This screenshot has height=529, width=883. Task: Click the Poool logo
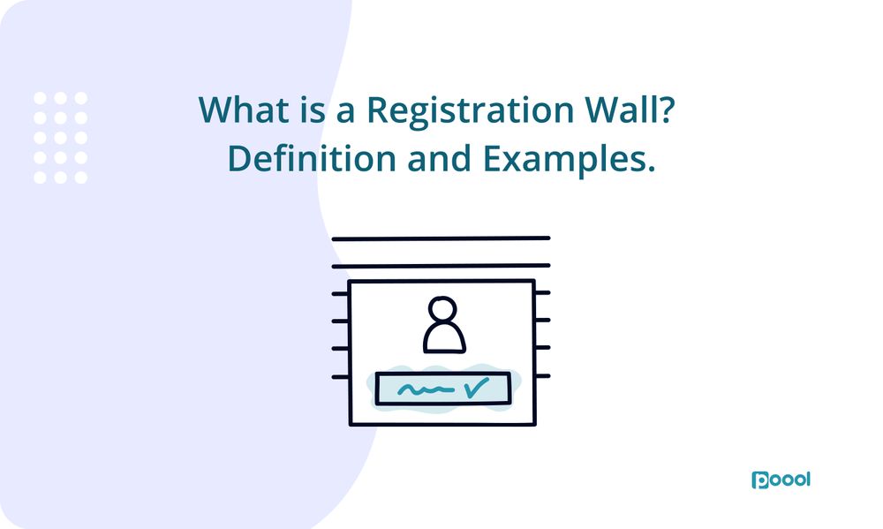781,480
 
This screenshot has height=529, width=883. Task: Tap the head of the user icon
441,313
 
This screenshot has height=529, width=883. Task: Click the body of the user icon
442,340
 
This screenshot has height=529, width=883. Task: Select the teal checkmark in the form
477,386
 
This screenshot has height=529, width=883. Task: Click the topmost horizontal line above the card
440,238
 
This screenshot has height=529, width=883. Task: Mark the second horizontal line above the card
440,265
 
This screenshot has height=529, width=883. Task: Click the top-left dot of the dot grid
40,98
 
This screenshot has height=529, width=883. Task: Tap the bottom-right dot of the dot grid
80,178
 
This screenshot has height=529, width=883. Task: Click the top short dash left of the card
340,292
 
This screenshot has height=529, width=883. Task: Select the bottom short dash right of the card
542,376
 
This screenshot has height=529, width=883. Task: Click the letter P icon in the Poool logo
759,480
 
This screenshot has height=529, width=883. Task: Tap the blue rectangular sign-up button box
442,389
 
